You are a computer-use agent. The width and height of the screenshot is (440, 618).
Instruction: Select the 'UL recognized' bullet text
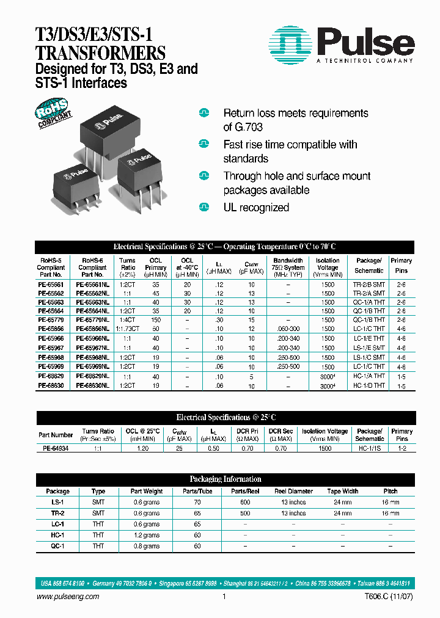(256, 208)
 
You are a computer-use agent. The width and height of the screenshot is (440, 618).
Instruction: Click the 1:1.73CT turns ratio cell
(128, 328)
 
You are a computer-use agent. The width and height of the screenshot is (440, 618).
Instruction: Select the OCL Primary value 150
(156, 319)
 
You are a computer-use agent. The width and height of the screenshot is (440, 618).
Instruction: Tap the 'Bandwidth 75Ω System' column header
(288, 267)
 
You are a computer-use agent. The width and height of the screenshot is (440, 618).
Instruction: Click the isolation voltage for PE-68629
(328, 377)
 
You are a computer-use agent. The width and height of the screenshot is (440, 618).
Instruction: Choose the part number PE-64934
(56, 448)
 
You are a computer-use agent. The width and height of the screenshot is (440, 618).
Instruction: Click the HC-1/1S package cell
(370, 448)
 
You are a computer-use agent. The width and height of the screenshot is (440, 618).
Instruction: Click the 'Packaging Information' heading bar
(226, 479)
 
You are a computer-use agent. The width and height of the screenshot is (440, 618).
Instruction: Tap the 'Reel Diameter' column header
(293, 491)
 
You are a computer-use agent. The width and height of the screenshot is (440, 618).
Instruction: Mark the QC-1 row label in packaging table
(57, 546)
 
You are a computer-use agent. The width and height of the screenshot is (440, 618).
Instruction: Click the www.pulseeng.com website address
(68, 597)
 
